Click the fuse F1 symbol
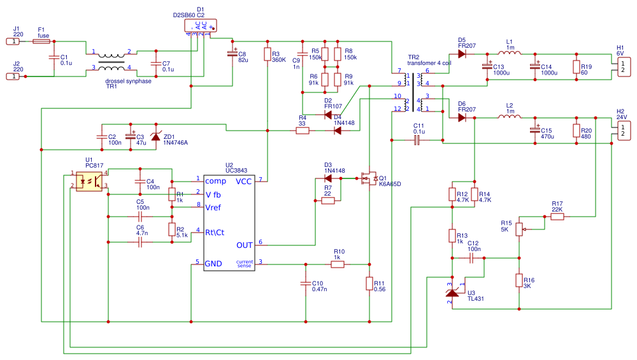point(41,41)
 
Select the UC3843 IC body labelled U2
point(229,223)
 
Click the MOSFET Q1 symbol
point(368,179)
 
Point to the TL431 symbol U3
point(452,292)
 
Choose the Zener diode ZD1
point(155,136)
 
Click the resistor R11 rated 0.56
point(369,284)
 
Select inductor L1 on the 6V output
point(510,54)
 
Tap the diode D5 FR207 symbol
point(462,54)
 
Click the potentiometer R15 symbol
point(519,227)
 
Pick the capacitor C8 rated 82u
point(233,55)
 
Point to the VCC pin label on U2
point(244,182)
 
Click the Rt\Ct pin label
point(215,232)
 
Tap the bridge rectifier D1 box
point(200,25)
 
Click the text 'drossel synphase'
point(128,81)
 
